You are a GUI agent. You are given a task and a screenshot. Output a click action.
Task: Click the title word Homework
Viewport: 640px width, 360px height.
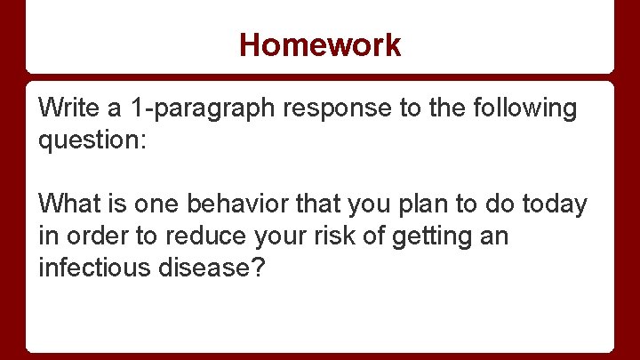[x=320, y=44]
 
